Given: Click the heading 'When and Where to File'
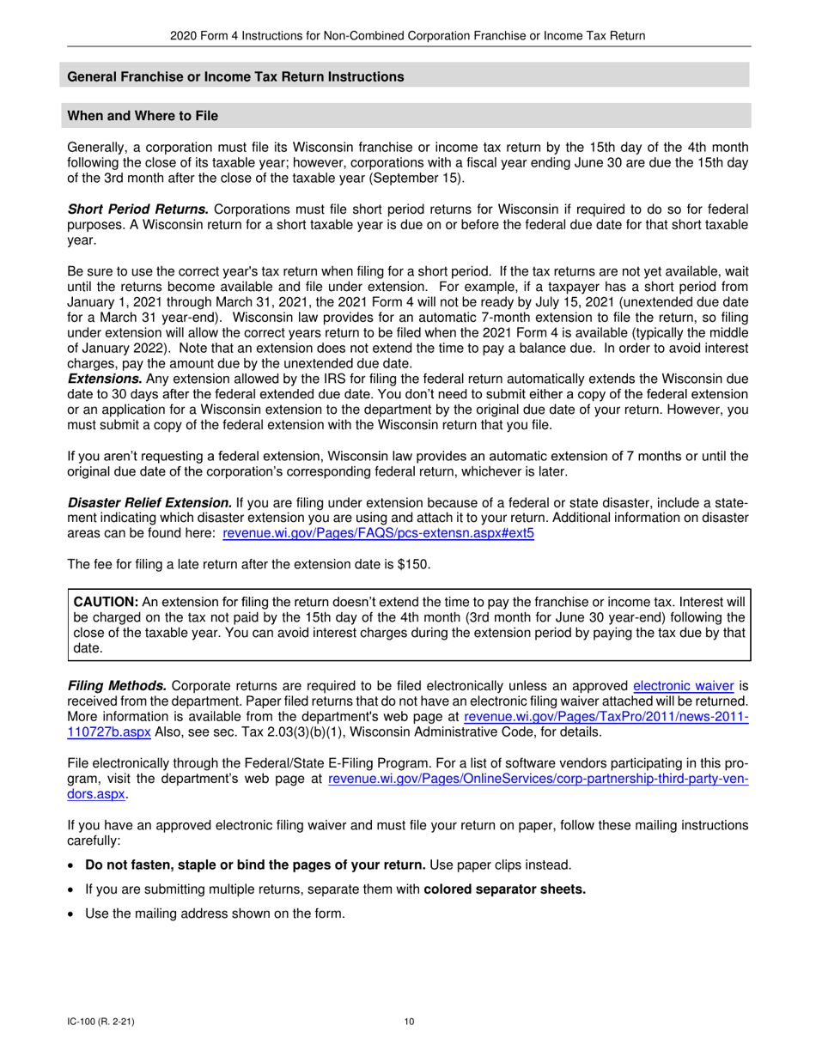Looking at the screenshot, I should [143, 116].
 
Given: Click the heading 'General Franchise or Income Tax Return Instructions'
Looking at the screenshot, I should [235, 77].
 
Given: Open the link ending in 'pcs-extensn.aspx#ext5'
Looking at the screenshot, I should [378, 533].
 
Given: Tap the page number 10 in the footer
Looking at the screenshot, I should [409, 1022].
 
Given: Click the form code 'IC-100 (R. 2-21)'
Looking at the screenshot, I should [100, 1022].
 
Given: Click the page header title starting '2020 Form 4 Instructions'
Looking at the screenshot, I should [408, 35].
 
